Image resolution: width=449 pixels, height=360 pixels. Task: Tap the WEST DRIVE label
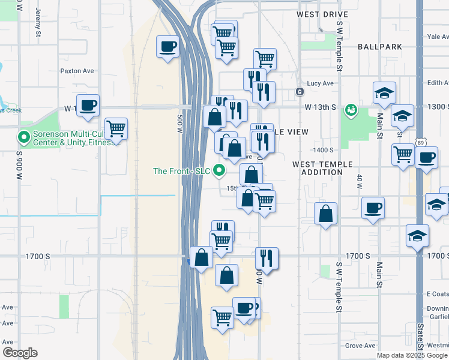(322, 14)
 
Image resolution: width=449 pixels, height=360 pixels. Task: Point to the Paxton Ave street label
(77, 71)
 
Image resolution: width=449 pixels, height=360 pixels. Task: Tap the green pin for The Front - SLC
(220, 171)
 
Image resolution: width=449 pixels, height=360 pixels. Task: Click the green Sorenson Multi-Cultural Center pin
(24, 138)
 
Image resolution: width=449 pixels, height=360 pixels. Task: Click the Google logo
(20, 353)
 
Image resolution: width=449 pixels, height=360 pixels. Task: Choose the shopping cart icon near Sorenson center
(116, 128)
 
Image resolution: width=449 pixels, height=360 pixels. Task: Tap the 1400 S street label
(323, 150)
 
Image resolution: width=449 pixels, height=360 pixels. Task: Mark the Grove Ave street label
(360, 346)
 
